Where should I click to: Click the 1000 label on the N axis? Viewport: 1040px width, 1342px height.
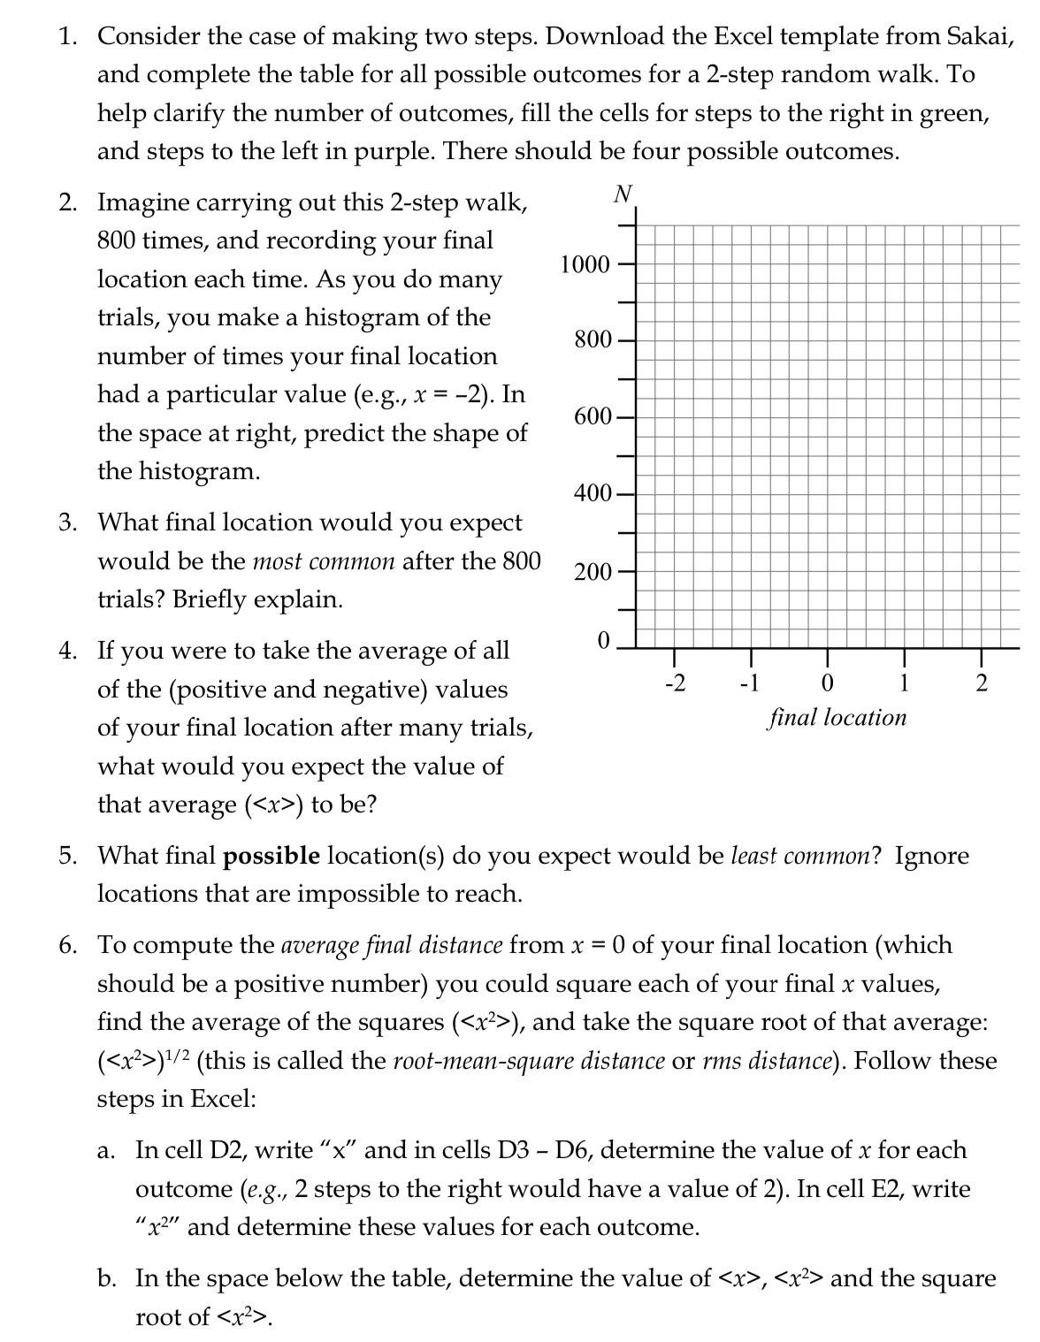(585, 264)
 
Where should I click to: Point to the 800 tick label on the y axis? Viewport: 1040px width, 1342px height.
(592, 339)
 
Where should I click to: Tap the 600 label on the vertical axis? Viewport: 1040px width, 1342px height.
(592, 416)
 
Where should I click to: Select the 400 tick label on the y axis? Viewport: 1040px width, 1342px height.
(592, 493)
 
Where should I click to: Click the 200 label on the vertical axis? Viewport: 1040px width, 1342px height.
(592, 571)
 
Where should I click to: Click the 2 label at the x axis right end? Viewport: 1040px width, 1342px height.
(982, 683)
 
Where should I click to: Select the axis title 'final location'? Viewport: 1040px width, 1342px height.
(837, 717)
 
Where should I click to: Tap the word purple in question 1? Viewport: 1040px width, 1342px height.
(394, 151)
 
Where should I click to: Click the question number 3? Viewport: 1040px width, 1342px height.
(67, 522)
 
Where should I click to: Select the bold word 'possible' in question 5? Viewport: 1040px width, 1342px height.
(271, 856)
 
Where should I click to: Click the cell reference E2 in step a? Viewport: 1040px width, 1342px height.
(887, 1189)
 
